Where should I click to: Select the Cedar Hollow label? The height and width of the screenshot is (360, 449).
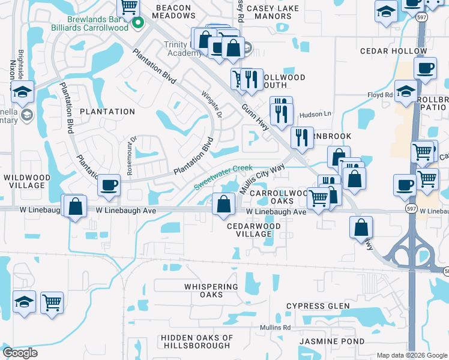pyautogui.click(x=385, y=52)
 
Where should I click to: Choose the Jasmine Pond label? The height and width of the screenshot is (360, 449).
pyautogui.click(x=333, y=341)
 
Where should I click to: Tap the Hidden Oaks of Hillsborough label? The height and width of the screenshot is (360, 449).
pyautogui.click(x=196, y=341)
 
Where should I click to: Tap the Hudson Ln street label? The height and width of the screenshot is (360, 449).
pyautogui.click(x=315, y=114)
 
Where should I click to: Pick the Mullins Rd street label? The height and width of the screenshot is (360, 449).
pyautogui.click(x=275, y=328)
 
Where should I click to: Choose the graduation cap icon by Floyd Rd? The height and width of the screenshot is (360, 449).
pyautogui.click(x=406, y=92)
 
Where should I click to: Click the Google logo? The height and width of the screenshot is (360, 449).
pyautogui.click(x=20, y=353)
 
